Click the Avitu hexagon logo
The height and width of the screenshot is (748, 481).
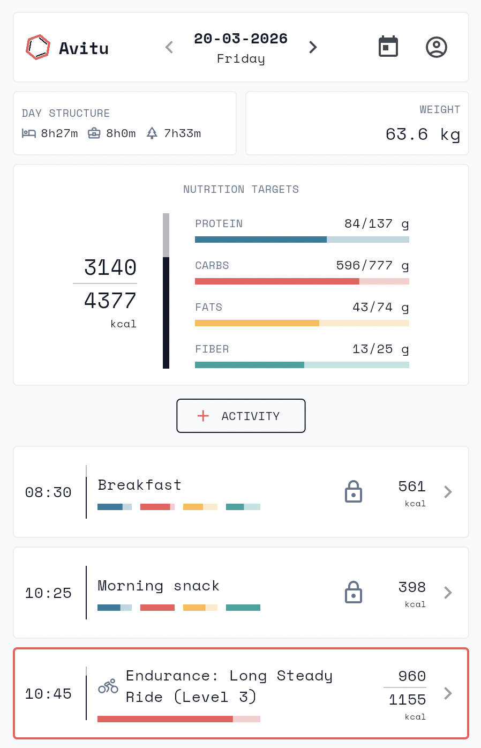pos(38,47)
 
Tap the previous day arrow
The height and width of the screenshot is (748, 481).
pos(169,47)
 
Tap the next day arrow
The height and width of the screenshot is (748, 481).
pos(313,47)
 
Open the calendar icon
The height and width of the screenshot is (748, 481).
pos(388,47)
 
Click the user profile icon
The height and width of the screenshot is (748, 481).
pos(436,47)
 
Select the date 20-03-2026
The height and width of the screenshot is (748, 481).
pos(241,39)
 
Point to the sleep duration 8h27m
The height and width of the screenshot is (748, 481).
pos(59,133)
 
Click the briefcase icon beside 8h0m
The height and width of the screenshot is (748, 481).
pos(94,133)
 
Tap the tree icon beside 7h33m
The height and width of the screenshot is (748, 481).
pos(152,133)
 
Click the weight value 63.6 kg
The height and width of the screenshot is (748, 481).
pos(422,134)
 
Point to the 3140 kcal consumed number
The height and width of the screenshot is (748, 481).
pos(110,267)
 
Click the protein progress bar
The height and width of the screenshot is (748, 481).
pos(302,240)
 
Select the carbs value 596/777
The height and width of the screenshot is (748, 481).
pos(364,266)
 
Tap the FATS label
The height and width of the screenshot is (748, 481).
pos(208,308)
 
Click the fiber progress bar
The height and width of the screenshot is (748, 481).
pos(302,365)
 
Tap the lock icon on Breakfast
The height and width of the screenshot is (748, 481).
pos(354,491)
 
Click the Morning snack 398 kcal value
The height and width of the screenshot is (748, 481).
pos(412,587)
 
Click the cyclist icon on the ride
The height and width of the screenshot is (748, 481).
pos(108,686)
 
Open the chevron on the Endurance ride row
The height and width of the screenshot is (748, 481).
pos(448,693)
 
